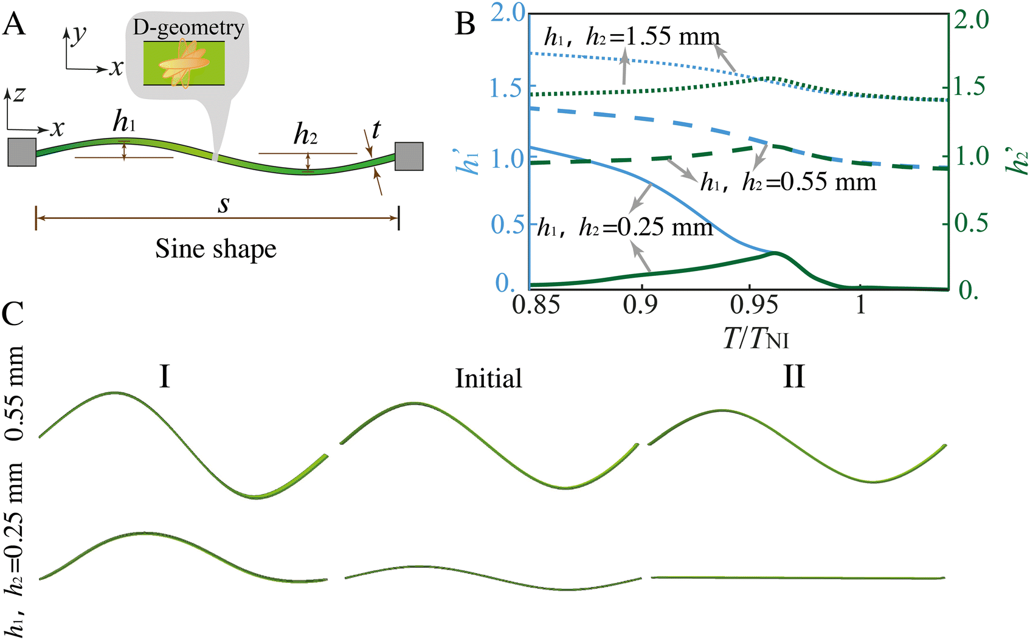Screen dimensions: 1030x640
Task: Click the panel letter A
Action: [14, 24]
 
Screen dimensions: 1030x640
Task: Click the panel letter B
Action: [465, 24]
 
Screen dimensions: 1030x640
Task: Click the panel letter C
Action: [12, 314]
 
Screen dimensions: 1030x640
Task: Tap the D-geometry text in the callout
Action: [188, 28]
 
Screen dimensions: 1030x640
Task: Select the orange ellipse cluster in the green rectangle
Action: [184, 63]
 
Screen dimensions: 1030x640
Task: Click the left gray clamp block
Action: [22, 152]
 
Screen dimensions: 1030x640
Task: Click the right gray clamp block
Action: [409, 156]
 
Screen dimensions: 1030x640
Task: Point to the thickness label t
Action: [376, 130]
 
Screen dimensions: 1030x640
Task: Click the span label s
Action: [224, 204]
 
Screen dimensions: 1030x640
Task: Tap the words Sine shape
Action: [216, 249]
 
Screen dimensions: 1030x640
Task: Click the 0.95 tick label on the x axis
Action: [754, 305]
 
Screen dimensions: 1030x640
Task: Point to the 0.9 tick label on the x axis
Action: [640, 305]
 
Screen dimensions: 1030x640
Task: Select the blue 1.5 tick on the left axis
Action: [506, 88]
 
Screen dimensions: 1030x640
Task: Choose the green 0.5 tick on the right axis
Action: [971, 224]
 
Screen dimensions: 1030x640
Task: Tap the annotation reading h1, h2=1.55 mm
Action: [632, 37]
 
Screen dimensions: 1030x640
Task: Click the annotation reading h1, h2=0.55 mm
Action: [788, 182]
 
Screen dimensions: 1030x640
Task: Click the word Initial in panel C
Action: [488, 379]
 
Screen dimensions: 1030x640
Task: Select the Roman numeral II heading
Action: [793, 378]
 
